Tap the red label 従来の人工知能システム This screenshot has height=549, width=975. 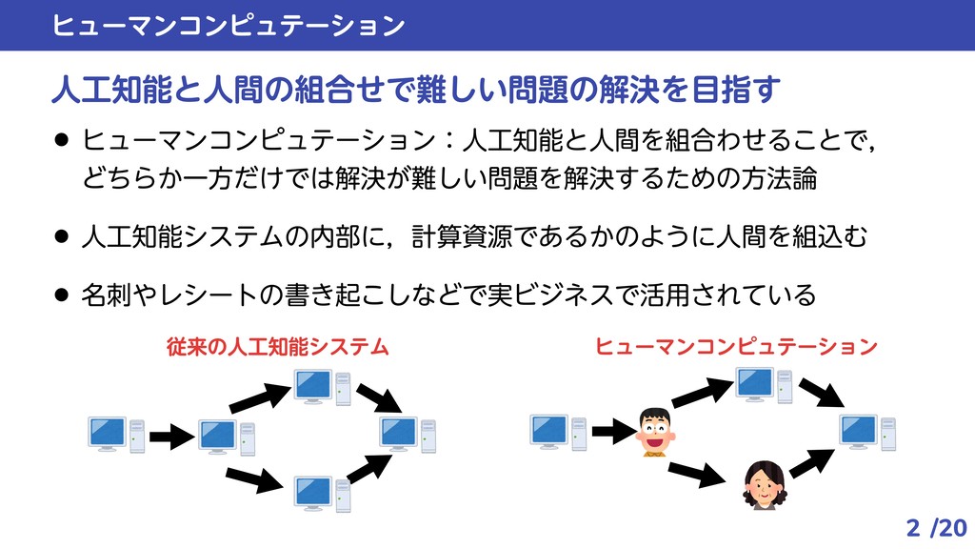[277, 346]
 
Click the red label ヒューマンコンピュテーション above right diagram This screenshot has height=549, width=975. [736, 346]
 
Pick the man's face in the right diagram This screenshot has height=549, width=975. [654, 432]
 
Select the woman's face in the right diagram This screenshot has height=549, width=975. [763, 484]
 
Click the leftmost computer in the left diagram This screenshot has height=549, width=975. [115, 435]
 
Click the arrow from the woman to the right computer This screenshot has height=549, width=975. [812, 461]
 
